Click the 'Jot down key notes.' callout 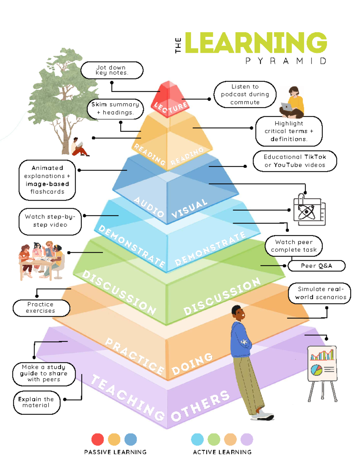tap(112, 70)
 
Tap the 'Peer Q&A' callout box tap(316, 266)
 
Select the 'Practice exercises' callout tap(41, 308)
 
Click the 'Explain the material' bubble tap(37, 402)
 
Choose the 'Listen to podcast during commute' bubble tap(245, 94)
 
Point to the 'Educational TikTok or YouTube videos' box tap(295, 161)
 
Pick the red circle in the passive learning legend tap(97, 439)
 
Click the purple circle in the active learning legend tap(247, 439)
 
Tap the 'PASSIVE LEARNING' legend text tap(115, 452)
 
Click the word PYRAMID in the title tap(286, 61)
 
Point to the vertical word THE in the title tap(178, 46)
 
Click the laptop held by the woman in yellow tap(287, 107)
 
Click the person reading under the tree tap(79, 147)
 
